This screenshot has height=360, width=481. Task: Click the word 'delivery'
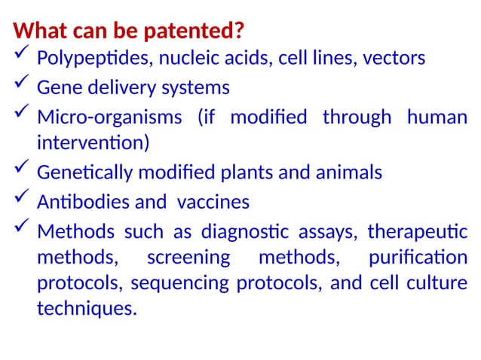point(119,88)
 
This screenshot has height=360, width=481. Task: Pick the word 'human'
point(437,117)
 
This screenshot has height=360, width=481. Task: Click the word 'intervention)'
point(93,142)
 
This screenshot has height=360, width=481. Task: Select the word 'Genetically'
point(85,173)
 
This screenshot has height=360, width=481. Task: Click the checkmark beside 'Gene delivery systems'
point(21,86)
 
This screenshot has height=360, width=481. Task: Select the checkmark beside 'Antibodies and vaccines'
point(21,200)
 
